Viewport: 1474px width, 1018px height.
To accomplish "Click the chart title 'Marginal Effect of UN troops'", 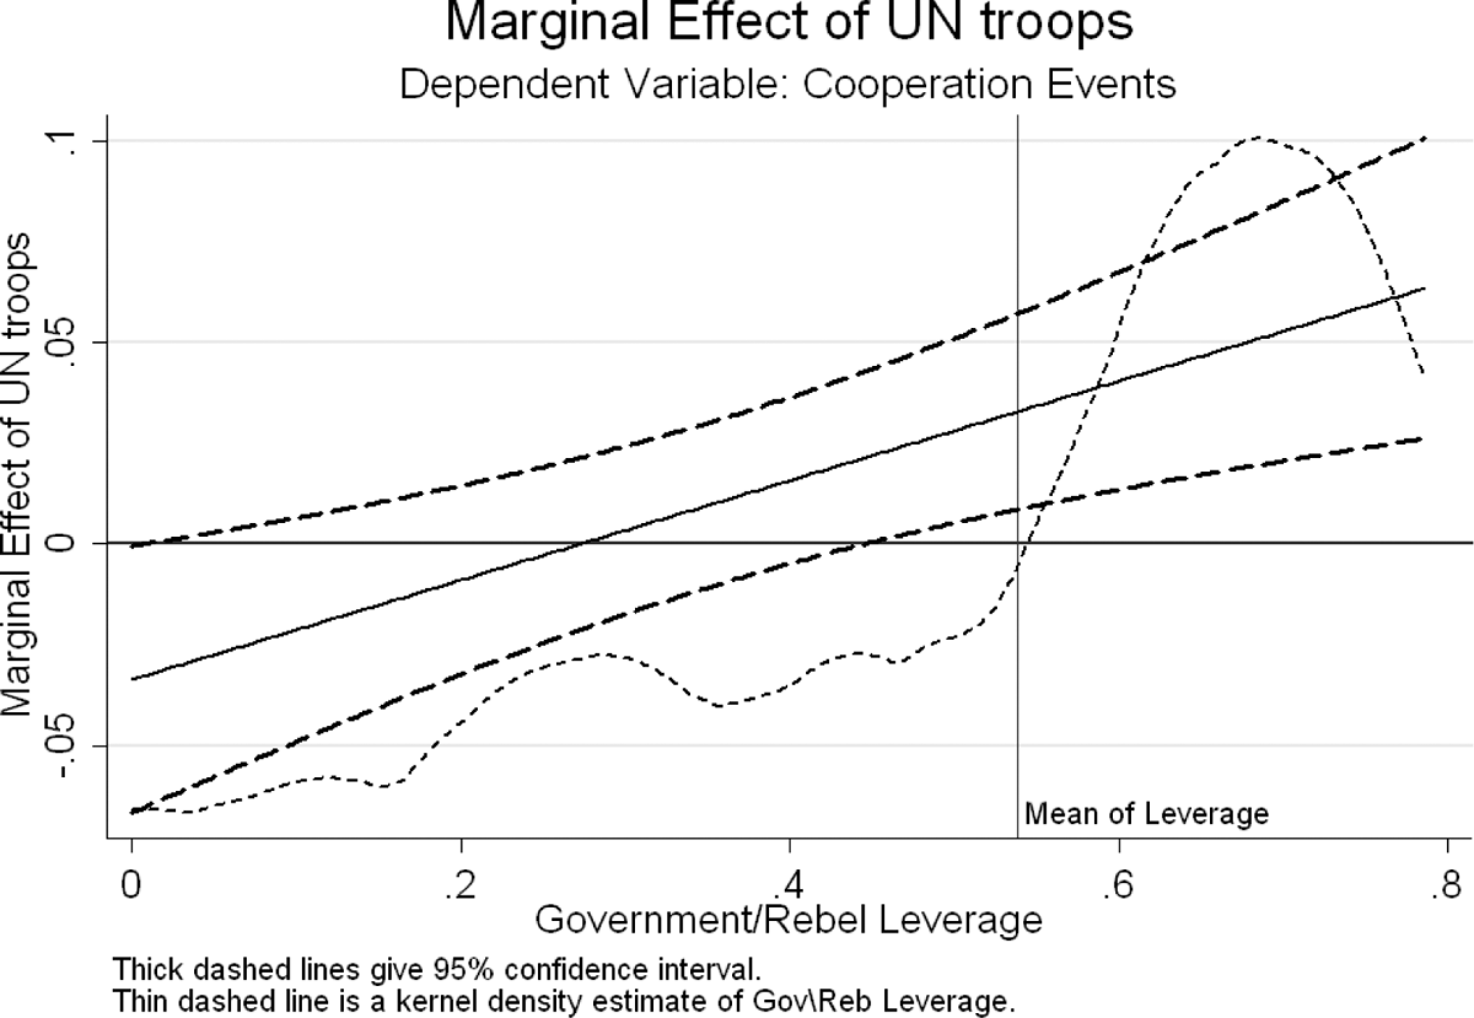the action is (x=789, y=23).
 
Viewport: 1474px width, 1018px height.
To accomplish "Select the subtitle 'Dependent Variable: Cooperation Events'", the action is (x=788, y=84).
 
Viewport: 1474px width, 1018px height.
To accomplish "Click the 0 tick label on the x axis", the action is (x=131, y=886).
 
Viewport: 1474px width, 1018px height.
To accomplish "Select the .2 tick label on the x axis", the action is (x=461, y=886).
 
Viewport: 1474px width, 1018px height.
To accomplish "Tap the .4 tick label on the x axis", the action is (x=790, y=886).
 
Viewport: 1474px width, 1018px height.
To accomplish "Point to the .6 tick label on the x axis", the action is (x=1119, y=886).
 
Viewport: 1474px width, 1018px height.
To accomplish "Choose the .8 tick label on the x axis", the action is (x=1448, y=886).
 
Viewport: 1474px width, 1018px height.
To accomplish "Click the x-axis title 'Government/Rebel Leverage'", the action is (x=789, y=920).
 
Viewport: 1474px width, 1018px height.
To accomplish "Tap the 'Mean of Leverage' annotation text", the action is (x=1147, y=814).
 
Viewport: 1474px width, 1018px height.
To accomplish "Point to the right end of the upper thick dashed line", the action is (x=1425, y=138).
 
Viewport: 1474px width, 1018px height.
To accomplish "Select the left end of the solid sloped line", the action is (x=131, y=678).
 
